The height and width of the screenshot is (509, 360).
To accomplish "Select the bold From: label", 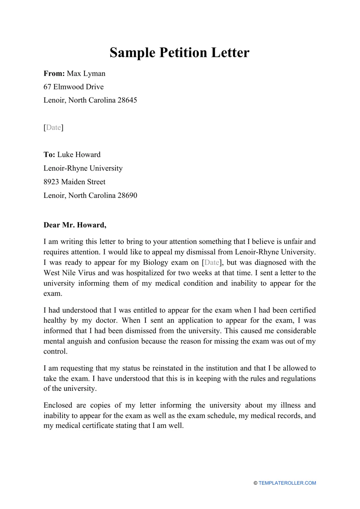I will click(54, 74).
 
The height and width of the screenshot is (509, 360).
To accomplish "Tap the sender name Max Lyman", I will click(86, 74).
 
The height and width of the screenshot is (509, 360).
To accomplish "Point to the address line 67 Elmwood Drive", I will click(74, 87).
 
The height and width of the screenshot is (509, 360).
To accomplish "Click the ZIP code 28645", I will click(127, 100).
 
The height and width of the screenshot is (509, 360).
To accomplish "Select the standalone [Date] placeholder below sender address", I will click(53, 127).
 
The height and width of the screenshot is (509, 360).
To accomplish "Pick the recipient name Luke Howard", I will click(79, 155).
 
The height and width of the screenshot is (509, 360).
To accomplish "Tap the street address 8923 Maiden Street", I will click(74, 182).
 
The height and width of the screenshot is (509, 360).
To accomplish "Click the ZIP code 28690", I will click(127, 196).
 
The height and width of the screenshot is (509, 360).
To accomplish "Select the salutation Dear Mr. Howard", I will click(75, 225).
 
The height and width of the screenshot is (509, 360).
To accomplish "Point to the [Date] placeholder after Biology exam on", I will click(212, 263).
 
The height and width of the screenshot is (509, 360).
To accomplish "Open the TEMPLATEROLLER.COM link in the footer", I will click(287, 483).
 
